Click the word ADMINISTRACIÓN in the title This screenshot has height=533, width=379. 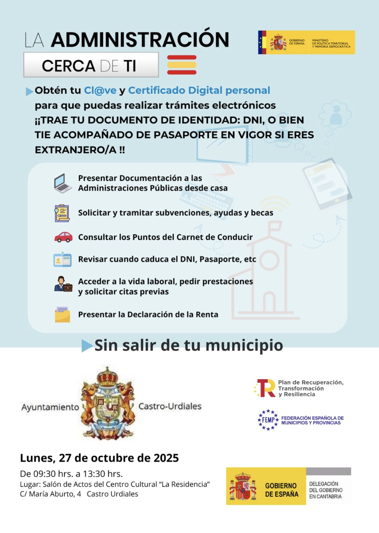[140, 40]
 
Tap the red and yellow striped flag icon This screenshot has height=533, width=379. [182, 65]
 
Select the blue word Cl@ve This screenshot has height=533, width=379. [100, 90]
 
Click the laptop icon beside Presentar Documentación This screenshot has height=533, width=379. [63, 183]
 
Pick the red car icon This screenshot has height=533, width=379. [63, 237]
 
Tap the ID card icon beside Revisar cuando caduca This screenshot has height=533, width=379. [62, 260]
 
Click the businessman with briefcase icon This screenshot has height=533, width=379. [63, 284]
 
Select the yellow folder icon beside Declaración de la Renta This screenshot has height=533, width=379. [62, 315]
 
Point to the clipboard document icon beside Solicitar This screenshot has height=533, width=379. [62, 213]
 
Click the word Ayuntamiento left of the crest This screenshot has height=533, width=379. [50, 407]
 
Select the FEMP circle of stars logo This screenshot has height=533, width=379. [268, 420]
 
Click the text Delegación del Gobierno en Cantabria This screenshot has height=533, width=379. [326, 490]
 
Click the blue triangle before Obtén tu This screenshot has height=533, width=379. [29, 91]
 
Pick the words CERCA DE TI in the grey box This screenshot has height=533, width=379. [89, 66]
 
